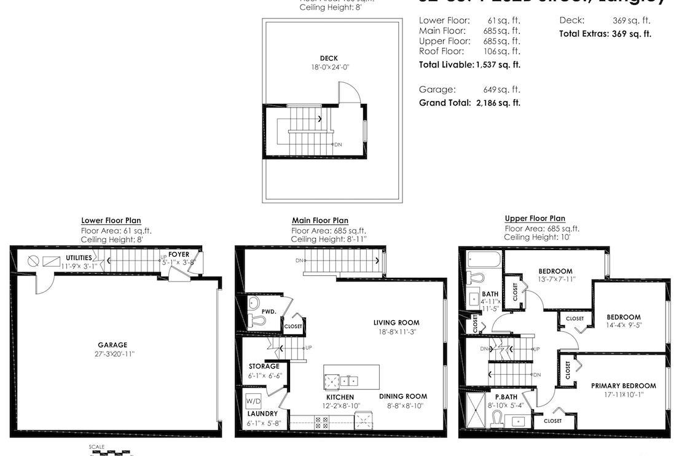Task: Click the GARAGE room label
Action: click(x=112, y=345)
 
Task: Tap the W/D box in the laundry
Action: click(x=253, y=401)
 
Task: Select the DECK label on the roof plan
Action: click(x=329, y=58)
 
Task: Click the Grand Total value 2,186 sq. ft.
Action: click(x=498, y=103)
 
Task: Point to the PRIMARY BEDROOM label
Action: click(x=623, y=386)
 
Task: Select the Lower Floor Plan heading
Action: click(x=111, y=221)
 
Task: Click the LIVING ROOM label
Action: click(x=396, y=323)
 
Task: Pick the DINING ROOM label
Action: click(x=402, y=396)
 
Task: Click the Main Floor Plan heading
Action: click(x=320, y=221)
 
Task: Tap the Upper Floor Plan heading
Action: click(x=535, y=218)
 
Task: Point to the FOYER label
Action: click(x=179, y=254)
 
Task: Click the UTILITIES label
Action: click(x=79, y=257)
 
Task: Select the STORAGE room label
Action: click(x=264, y=366)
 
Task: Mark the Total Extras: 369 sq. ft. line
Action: click(x=605, y=34)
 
